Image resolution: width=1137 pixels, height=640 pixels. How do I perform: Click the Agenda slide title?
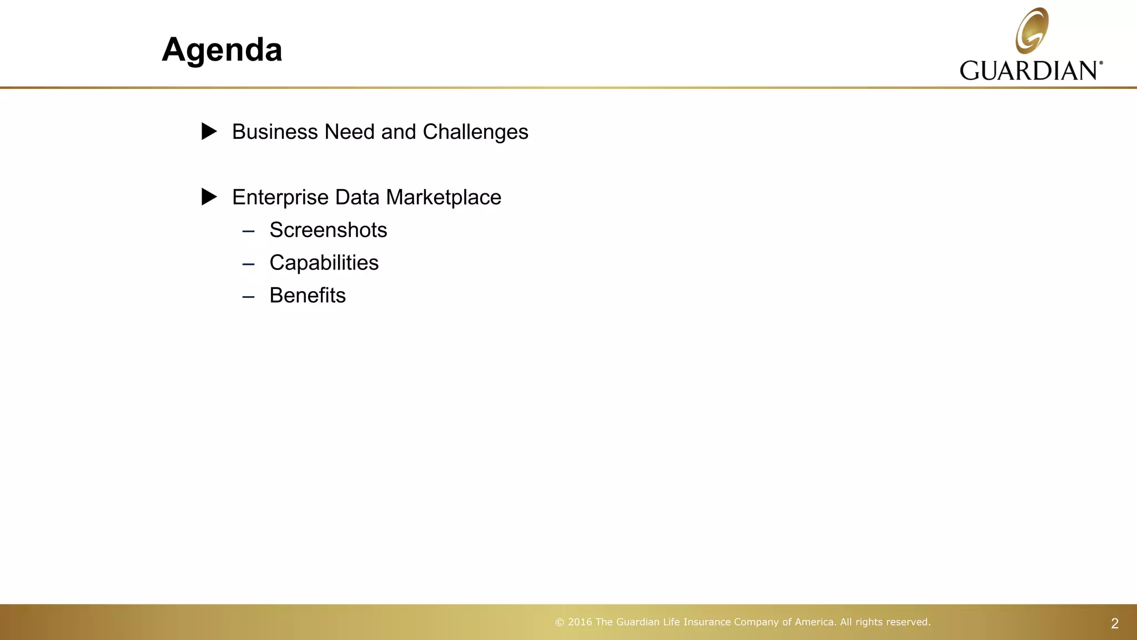[x=222, y=50]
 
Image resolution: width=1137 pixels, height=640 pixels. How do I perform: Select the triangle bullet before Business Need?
[x=209, y=132]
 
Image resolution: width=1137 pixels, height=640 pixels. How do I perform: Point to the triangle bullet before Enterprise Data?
[x=209, y=197]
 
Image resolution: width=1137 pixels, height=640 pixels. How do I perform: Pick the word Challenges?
[x=475, y=132]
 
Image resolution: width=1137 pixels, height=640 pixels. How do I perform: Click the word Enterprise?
[x=280, y=198]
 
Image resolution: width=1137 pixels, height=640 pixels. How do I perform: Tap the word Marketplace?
[x=444, y=198]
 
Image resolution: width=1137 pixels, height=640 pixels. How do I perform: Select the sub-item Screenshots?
[x=328, y=230]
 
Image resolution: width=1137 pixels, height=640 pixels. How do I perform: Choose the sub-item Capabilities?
[x=324, y=263]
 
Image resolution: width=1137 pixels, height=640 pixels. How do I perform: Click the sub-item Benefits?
[x=308, y=296]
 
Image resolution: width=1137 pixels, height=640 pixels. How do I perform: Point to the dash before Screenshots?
[x=248, y=231]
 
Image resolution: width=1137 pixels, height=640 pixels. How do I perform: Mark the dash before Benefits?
[x=248, y=297]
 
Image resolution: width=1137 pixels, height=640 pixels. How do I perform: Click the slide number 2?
[x=1114, y=624]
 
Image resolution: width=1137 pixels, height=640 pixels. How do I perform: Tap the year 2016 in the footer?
[x=580, y=622]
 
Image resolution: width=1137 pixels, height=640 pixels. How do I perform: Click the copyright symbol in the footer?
[x=560, y=622]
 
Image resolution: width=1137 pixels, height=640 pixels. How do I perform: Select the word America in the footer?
[x=815, y=622]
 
